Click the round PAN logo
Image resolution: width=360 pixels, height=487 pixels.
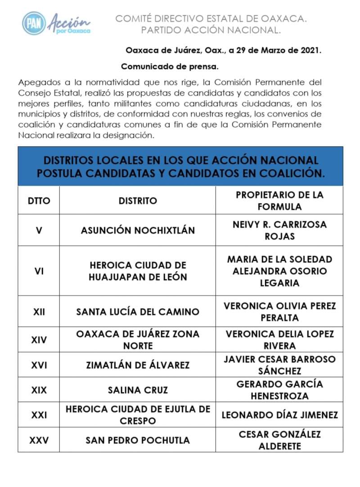34,23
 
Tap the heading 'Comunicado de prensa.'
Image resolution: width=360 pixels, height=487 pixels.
170,67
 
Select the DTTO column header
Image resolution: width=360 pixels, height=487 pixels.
39,201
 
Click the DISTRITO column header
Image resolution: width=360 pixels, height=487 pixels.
138,201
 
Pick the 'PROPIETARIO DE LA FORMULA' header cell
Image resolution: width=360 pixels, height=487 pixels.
279,201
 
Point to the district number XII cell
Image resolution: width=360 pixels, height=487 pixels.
39,312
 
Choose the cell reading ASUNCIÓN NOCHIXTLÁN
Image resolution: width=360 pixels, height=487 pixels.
138,230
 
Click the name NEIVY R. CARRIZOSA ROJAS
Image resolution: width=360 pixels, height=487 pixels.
279,230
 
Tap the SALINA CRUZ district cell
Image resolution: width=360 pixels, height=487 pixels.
138,390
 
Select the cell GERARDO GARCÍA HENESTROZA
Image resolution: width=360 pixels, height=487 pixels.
279,390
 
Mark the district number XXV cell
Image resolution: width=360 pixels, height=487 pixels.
39,440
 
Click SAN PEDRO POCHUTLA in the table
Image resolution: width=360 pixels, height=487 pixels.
138,440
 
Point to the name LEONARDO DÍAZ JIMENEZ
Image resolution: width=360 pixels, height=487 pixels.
279,415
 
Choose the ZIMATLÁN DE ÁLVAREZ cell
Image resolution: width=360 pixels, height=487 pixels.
138,365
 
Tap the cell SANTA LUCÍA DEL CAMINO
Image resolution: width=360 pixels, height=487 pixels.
138,312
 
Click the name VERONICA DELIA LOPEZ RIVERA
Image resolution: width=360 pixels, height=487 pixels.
279,340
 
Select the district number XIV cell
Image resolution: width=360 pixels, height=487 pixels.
39,340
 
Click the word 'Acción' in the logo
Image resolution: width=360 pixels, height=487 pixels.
68,20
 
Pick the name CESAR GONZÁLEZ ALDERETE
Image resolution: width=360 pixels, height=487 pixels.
279,440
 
